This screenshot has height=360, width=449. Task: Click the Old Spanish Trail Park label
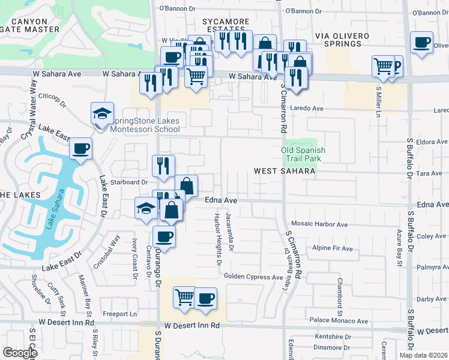[304, 154]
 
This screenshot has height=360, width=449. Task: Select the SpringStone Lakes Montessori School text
[144, 125]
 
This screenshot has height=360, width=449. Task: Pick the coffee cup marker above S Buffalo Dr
[421, 43]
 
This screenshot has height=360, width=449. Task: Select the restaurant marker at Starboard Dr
[163, 166]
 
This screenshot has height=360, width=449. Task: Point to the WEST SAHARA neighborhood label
[285, 171]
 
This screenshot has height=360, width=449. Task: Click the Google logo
[19, 353]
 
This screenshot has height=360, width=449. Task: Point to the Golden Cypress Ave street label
[253, 277]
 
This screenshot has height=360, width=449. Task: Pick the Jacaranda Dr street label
[230, 231]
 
